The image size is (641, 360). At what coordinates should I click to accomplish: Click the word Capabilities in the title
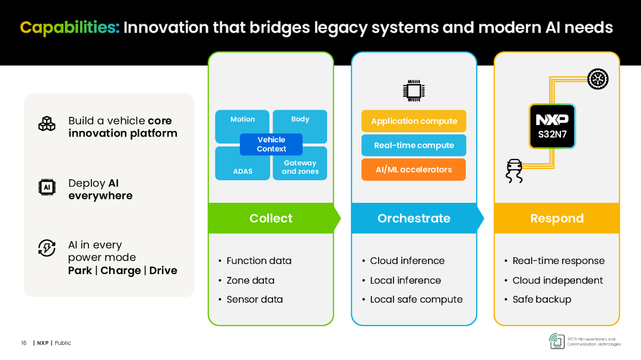69,28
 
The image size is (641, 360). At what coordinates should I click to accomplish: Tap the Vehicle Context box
271,144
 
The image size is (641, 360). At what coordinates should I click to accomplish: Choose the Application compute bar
414,121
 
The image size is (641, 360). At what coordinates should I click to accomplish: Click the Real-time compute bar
414,145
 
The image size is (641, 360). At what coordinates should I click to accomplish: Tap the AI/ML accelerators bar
414,169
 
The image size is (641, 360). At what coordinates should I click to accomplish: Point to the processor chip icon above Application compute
414,90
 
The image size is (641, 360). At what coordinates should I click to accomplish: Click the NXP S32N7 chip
553,126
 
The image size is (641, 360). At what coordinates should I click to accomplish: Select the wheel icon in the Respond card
598,79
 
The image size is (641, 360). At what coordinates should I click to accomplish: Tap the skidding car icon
514,171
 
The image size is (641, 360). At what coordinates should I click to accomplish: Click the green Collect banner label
271,218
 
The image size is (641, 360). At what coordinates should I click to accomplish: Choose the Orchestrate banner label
414,218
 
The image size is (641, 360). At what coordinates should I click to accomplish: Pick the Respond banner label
557,218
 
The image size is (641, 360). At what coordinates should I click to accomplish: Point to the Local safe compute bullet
412,300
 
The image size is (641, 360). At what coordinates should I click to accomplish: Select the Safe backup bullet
538,300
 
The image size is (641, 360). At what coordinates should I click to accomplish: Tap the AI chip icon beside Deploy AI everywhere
47,187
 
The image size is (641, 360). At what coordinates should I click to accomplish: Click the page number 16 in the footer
24,343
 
